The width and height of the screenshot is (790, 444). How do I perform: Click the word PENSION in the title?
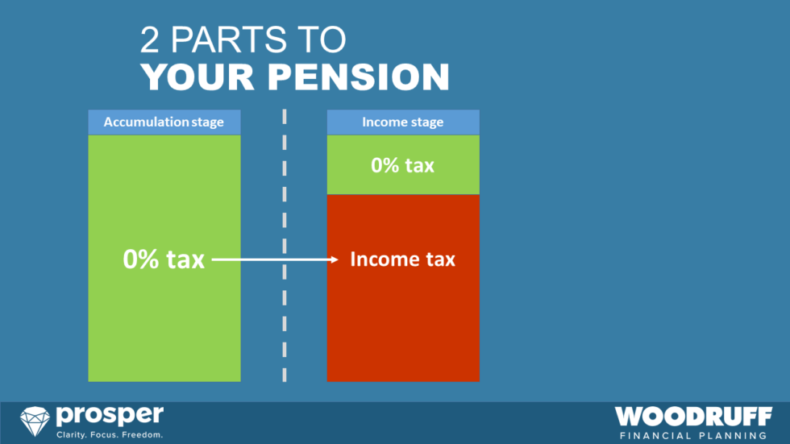(359, 77)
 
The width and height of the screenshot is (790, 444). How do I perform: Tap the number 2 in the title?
(151, 39)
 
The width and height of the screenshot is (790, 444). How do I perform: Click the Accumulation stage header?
(164, 122)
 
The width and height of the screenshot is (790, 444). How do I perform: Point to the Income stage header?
(402, 122)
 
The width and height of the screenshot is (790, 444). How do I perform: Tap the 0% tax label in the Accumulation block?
(164, 259)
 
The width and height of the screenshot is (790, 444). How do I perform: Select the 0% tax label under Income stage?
(402, 165)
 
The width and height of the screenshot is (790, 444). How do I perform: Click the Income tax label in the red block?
(402, 259)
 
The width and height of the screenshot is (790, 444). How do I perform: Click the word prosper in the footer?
(109, 417)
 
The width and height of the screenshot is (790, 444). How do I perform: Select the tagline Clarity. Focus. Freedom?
(109, 435)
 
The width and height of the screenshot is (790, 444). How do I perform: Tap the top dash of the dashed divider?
(284, 116)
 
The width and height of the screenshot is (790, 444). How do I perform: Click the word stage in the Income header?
(426, 122)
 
